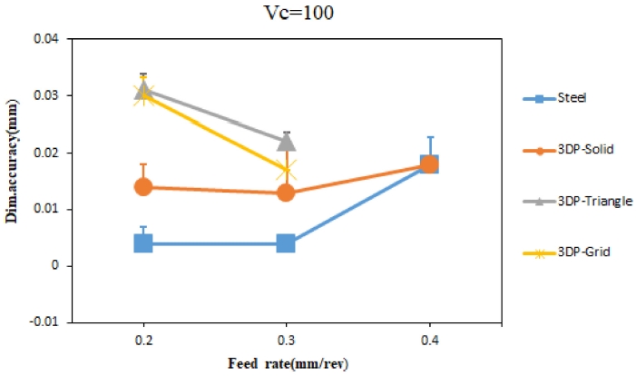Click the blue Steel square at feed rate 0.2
(143, 242)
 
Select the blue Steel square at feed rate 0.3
(286, 242)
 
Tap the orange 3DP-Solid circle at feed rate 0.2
(143, 187)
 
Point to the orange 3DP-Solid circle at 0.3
(286, 193)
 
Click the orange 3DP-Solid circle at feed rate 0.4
(429, 163)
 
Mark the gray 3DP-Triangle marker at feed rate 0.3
(286, 141)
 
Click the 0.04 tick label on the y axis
(47, 39)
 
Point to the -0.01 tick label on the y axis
(45, 322)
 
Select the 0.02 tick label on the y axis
(47, 153)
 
